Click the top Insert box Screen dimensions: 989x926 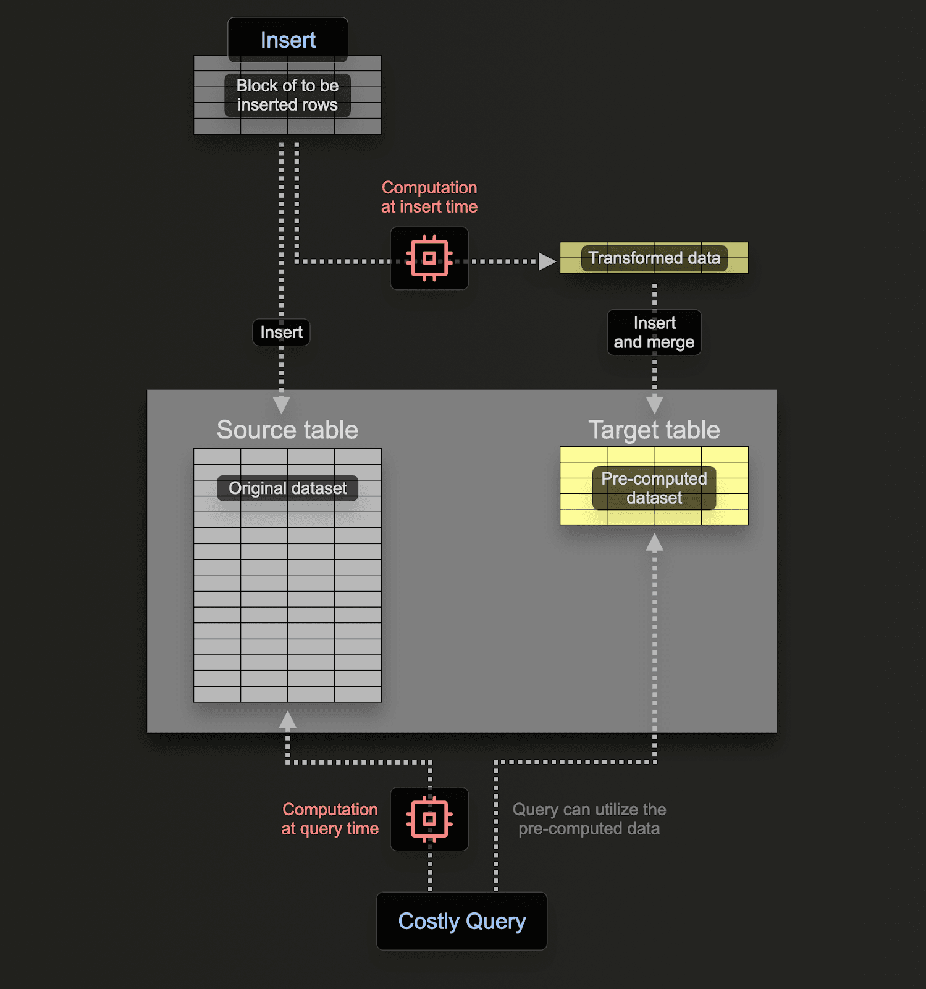[x=288, y=40]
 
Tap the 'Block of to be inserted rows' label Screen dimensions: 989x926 [x=287, y=95]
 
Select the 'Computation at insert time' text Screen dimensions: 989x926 [x=429, y=197]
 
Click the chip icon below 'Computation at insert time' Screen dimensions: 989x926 [x=429, y=258]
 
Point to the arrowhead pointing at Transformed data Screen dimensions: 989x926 [x=546, y=261]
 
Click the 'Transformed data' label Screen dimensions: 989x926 [x=654, y=258]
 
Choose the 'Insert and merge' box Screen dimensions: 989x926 [x=654, y=333]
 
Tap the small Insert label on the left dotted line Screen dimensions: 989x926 [x=281, y=333]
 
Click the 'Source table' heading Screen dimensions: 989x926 [x=287, y=430]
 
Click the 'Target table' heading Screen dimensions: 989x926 [x=654, y=430]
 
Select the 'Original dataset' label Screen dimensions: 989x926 [x=287, y=488]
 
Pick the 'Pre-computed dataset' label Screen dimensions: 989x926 [x=654, y=488]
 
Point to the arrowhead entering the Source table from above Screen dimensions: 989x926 [x=281, y=405]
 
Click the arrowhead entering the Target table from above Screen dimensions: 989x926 [x=654, y=405]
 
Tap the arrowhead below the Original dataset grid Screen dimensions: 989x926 [x=287, y=720]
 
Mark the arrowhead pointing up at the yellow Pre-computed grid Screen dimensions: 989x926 [x=654, y=543]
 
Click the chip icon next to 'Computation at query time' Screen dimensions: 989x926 [x=429, y=819]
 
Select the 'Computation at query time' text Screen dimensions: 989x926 [x=330, y=819]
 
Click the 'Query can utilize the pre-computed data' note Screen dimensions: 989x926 [x=589, y=819]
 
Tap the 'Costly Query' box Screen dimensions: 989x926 [x=461, y=921]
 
